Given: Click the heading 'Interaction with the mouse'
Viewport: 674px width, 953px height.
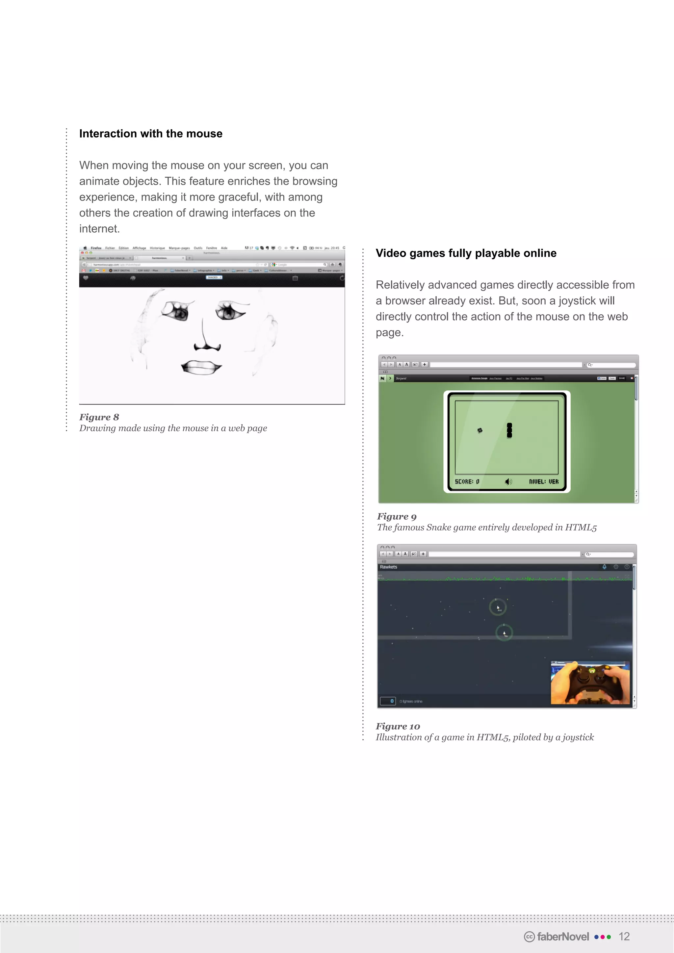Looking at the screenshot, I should coord(151,134).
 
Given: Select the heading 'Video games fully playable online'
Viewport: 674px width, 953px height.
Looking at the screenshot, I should coord(466,253).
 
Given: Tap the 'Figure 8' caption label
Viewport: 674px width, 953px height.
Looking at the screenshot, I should coord(99,417).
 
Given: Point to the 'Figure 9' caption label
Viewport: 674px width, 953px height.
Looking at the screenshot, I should coord(396,516).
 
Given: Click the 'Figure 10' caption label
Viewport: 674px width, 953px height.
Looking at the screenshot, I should coord(398,726).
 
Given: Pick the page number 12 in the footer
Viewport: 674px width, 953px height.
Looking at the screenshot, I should coord(624,937).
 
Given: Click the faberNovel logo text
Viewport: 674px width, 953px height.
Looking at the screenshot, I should coord(563,937).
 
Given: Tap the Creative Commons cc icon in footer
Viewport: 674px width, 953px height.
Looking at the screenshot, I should coord(529,937).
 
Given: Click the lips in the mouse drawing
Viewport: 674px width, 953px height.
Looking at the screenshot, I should coord(201,367).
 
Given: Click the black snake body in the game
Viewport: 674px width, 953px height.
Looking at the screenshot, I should coord(509,430).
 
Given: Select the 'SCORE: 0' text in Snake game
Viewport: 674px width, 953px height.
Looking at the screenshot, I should coord(467,481).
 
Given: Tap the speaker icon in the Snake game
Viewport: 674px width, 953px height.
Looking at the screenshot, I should coord(508,481).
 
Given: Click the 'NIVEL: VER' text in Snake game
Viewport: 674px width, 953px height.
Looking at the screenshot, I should coord(544,481).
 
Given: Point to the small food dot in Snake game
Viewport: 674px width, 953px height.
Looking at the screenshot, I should coord(480,430).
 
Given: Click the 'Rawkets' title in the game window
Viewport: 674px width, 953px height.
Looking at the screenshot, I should coord(388,567).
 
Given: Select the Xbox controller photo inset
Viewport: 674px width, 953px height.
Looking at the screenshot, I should coord(590,683).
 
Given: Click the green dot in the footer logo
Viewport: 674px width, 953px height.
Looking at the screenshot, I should coord(609,937).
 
